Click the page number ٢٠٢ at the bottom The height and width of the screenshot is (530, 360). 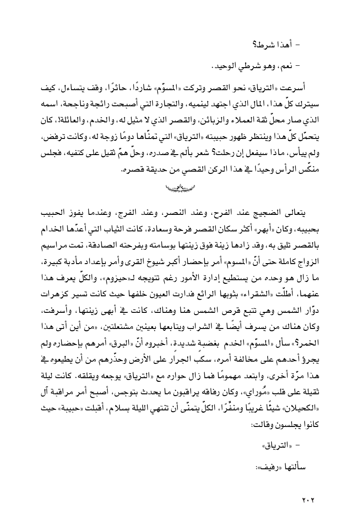coord(308,500)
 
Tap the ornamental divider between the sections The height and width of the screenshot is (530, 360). coord(180,187)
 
